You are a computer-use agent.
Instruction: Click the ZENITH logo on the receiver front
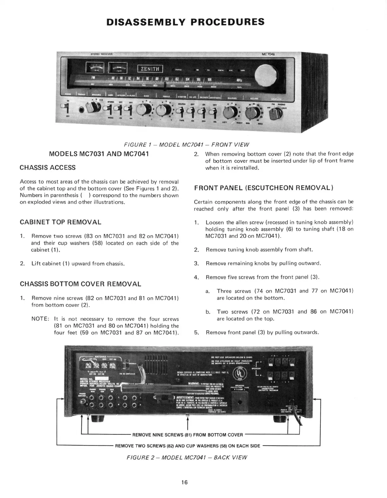(150, 69)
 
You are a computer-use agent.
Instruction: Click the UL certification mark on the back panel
(237, 375)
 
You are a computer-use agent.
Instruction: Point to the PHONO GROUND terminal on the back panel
(83, 402)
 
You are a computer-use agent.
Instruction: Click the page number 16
(184, 482)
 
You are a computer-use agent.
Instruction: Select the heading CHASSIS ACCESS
(47, 168)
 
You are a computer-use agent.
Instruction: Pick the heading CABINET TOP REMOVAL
(60, 222)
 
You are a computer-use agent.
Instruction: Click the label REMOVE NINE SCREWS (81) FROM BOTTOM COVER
(188, 435)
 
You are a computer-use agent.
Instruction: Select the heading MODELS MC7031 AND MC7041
(99, 154)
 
